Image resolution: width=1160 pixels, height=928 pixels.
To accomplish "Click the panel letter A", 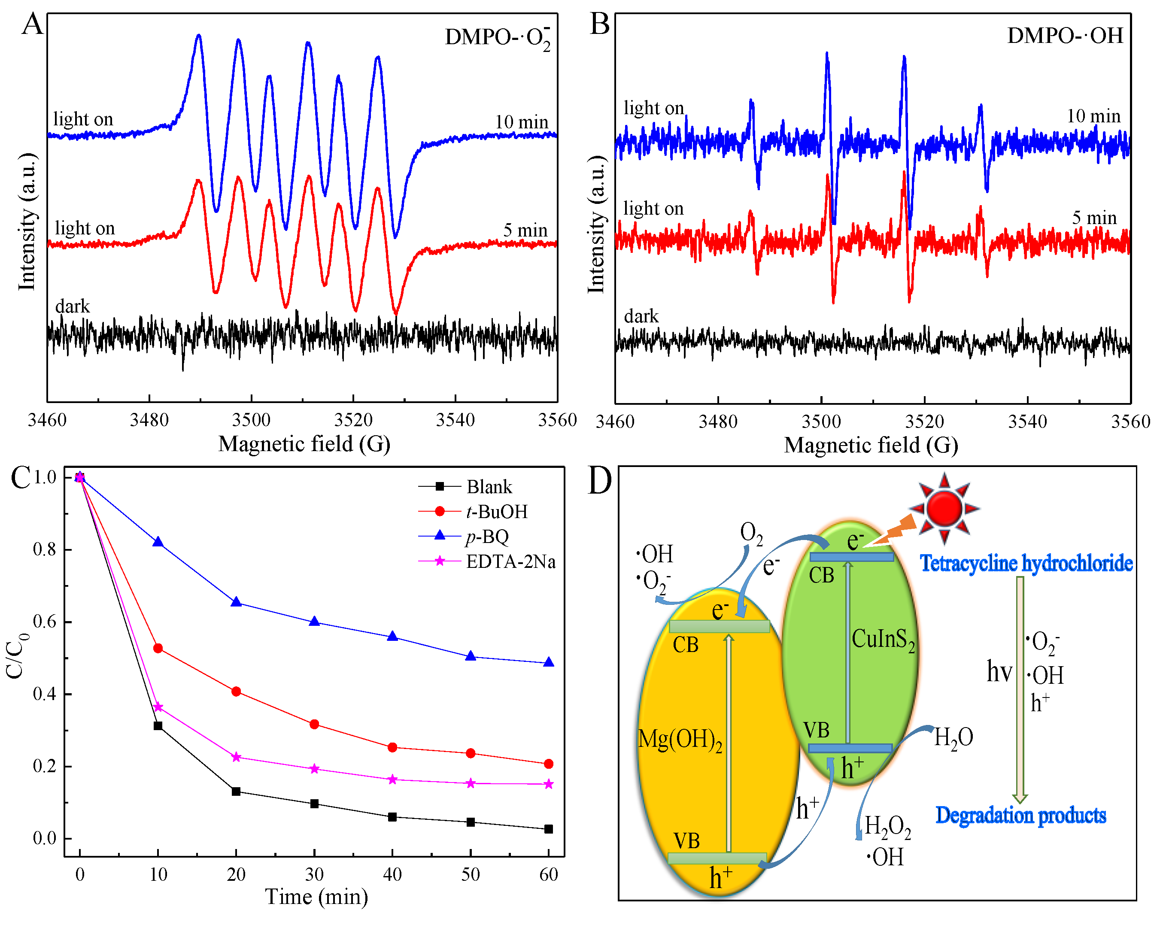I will click(32, 24).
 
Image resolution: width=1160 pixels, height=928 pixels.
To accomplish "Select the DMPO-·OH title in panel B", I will click(1065, 36).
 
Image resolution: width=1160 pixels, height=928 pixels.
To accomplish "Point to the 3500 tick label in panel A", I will click(251, 420).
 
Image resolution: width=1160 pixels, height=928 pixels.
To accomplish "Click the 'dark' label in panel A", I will click(72, 306).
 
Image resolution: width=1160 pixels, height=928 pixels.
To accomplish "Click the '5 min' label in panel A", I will click(525, 230).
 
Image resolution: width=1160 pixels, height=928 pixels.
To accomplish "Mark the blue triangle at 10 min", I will click(158, 542).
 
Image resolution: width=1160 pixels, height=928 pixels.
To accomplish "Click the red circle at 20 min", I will click(236, 691).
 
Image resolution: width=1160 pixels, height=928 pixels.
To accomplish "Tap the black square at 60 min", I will click(549, 829).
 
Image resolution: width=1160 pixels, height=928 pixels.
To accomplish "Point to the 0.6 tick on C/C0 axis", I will click(44, 622).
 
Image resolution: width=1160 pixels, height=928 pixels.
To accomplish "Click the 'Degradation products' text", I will click(1020, 815).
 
